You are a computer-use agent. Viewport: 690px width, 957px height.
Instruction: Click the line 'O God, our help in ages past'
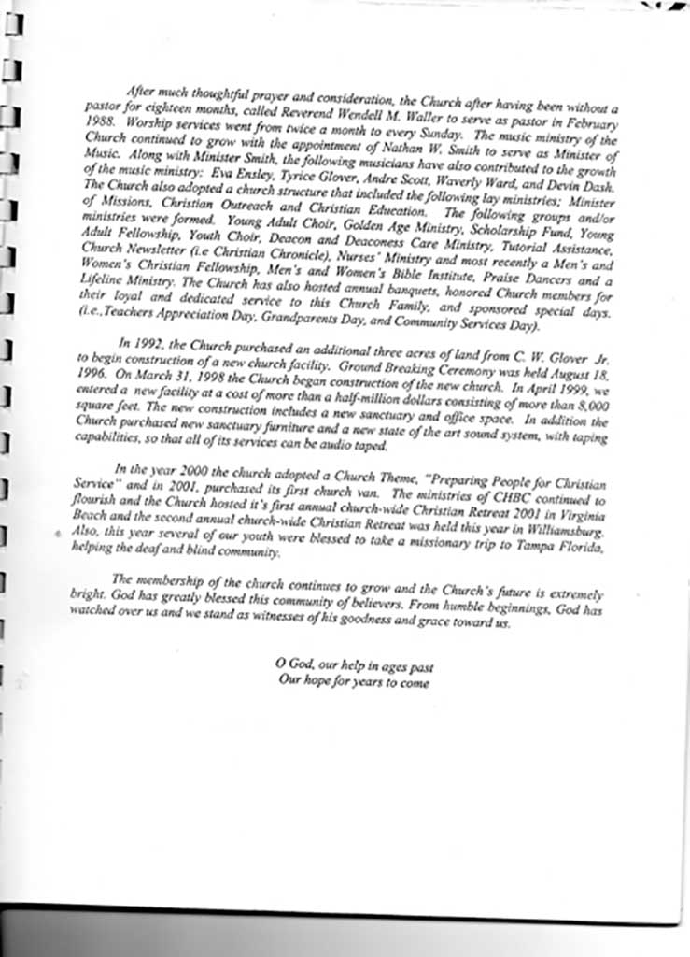355,667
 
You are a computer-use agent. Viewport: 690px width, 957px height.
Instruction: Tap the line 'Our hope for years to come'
355,682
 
